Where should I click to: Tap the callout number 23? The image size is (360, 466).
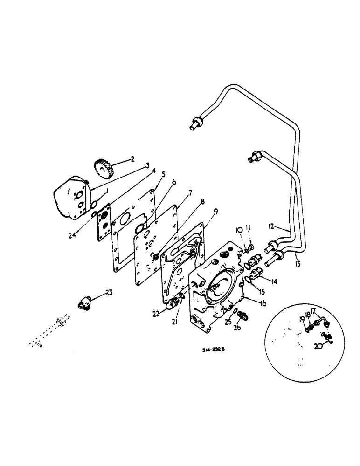[x=109, y=293]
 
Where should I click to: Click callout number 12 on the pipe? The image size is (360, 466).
[x=273, y=227]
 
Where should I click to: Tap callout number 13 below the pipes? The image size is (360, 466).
[x=297, y=264]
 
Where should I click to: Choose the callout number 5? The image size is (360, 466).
[x=163, y=175]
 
